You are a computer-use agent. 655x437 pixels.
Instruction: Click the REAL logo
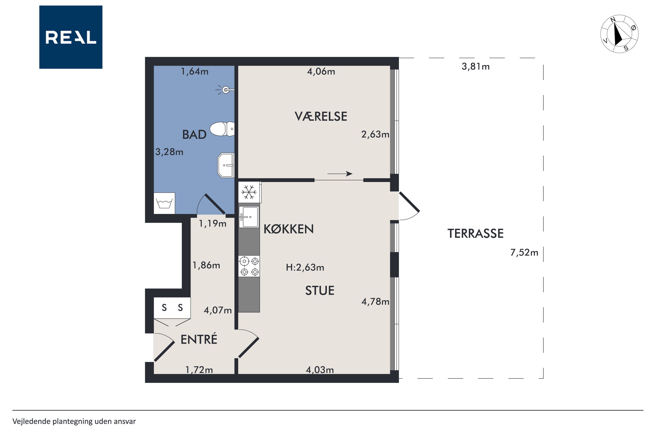(71, 37)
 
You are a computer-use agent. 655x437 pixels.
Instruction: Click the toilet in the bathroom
(222, 129)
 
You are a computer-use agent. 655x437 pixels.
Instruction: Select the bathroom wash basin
(226, 165)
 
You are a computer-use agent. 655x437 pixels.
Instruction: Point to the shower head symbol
(225, 90)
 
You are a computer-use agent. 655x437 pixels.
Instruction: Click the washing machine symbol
(164, 203)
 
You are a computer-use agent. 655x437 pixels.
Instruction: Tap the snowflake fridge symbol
(249, 192)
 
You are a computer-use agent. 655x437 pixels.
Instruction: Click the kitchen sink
(249, 217)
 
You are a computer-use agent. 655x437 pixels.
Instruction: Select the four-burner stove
(249, 266)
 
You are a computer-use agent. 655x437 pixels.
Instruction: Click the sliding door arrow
(340, 174)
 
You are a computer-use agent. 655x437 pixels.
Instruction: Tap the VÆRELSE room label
(321, 116)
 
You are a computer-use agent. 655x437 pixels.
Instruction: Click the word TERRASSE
(475, 233)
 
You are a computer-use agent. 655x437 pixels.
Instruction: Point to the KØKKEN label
(288, 229)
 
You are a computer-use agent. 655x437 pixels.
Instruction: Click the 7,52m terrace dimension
(524, 252)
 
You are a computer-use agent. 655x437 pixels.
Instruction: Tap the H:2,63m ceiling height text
(305, 268)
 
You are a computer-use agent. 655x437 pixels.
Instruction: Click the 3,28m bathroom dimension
(169, 152)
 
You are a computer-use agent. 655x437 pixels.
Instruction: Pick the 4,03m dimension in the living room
(320, 370)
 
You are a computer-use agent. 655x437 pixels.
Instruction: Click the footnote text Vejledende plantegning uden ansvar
(74, 421)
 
